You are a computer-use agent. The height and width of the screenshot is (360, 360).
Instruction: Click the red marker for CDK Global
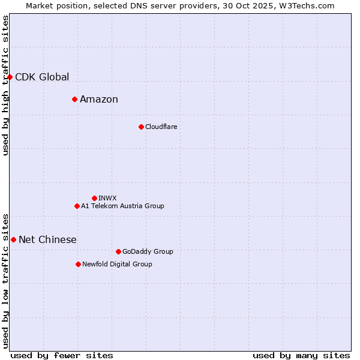10,77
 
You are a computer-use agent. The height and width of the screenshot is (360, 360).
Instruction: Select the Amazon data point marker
74,99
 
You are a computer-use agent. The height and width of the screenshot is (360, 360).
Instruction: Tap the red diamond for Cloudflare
141,127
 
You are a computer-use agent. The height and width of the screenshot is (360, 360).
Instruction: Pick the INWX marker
94,198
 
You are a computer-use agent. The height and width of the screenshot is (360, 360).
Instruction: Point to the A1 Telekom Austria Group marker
77,206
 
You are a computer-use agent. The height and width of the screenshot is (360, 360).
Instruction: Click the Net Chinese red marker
13,239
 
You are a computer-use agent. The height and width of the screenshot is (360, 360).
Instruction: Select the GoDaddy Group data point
118,251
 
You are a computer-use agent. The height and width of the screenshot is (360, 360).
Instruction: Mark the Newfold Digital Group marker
78,264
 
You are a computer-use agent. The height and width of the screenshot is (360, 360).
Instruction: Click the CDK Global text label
42,77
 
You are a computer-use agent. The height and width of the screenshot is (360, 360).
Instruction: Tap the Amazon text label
99,100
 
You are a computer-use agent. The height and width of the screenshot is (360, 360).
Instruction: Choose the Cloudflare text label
161,127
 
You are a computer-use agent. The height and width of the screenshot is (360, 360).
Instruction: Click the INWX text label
107,198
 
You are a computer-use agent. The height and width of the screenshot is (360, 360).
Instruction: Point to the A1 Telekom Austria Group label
122,206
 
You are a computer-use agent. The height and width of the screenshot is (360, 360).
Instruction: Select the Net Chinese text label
47,240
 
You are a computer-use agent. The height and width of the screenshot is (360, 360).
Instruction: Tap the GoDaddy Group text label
148,251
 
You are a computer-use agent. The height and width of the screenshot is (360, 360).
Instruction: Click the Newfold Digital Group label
117,264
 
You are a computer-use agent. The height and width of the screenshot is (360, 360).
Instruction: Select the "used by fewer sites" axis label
62,355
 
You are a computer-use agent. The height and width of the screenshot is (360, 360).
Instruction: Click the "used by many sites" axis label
301,355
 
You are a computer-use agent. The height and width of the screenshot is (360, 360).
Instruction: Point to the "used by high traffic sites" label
5,85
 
